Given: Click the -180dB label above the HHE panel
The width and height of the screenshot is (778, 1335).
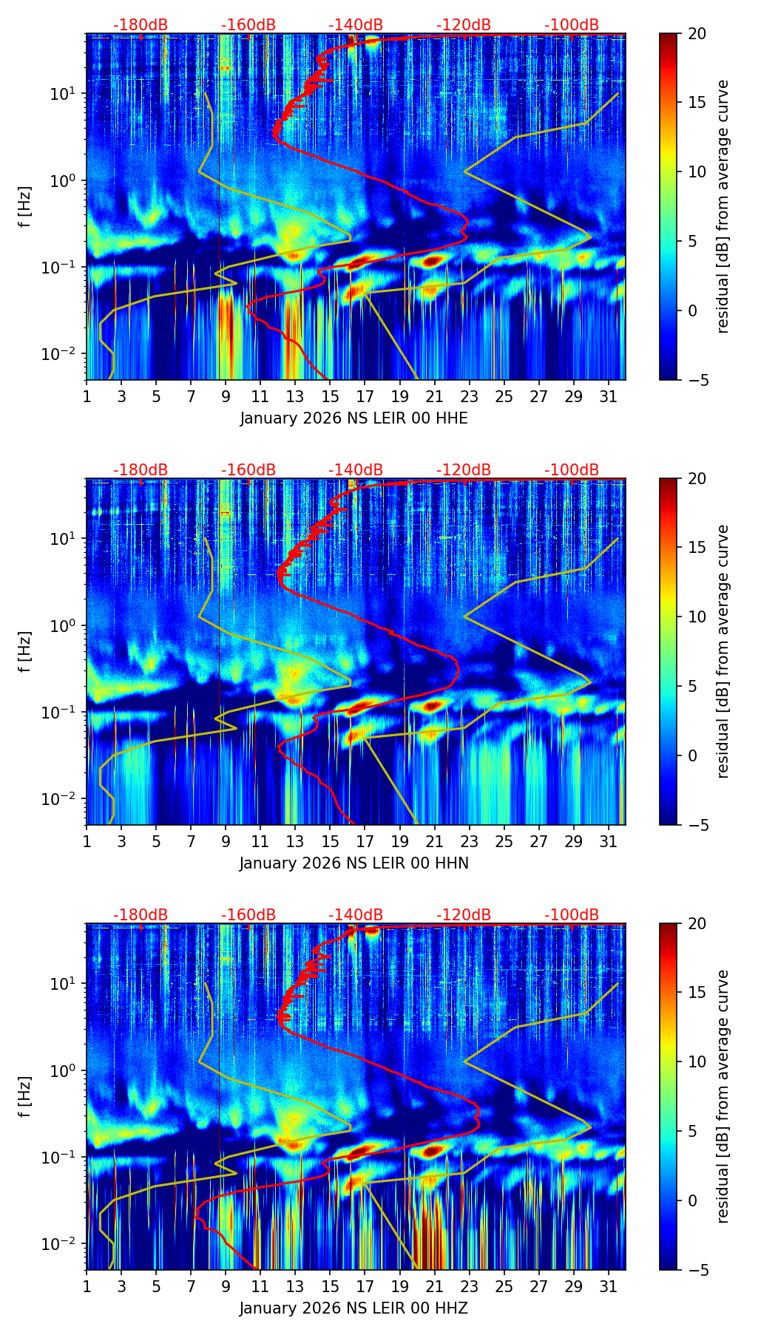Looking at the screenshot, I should tap(141, 25).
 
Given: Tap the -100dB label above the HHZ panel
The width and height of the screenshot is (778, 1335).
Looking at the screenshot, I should tap(572, 915).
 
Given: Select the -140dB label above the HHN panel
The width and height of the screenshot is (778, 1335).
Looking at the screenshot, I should tap(356, 470).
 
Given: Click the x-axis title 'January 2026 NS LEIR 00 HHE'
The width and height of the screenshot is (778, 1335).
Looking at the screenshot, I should tap(354, 418).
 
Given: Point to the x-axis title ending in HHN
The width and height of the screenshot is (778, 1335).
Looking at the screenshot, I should tap(354, 863).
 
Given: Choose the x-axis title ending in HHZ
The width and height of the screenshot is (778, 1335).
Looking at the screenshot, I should tap(354, 1308).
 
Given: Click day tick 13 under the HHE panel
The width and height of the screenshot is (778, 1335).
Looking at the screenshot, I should tap(295, 396).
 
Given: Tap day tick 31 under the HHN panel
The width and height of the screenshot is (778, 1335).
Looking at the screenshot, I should tap(609, 841).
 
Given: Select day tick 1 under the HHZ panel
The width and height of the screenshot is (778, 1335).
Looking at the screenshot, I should tap(87, 1286).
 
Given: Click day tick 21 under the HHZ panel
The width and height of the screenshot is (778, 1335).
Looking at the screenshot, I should tap(434, 1286).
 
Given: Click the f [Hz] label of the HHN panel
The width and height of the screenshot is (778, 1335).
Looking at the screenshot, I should tap(27, 651).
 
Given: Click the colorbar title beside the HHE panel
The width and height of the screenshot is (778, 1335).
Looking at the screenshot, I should tap(723, 206).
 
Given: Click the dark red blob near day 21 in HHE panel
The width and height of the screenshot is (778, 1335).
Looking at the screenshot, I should tap(433, 260).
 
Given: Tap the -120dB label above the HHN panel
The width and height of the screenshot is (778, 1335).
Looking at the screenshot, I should tap(464, 470).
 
